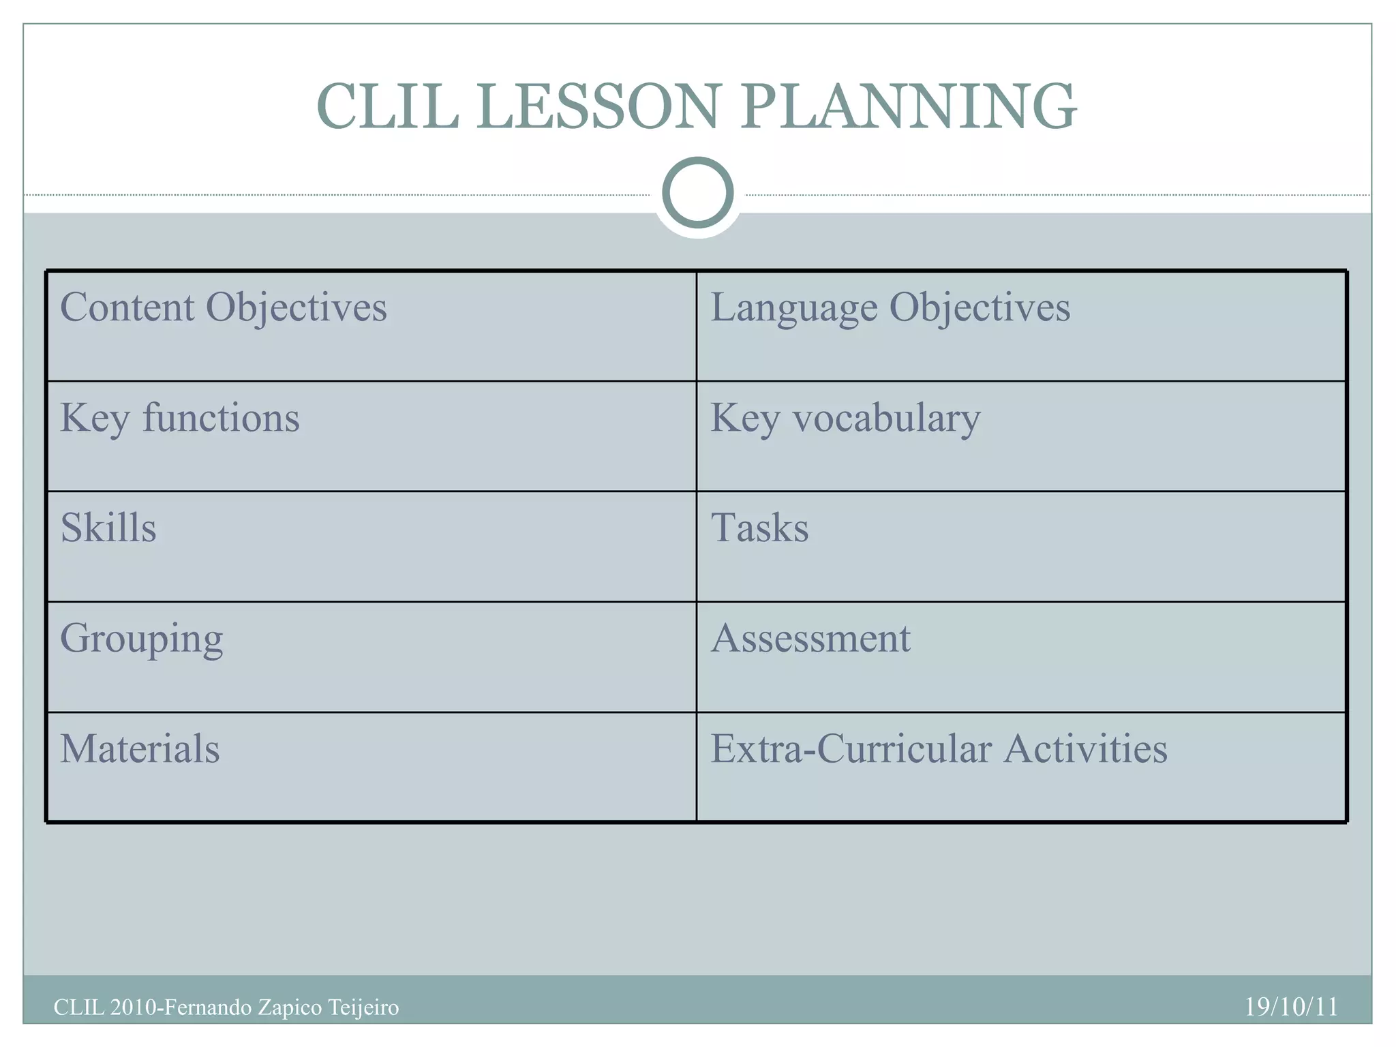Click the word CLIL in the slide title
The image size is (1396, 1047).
point(387,106)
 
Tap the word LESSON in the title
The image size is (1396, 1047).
point(598,106)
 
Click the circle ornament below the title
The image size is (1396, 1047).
point(697,192)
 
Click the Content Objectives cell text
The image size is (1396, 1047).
point(224,307)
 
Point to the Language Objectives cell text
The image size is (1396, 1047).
point(890,307)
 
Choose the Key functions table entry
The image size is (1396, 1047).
point(180,418)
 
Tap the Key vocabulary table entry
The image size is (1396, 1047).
point(845,418)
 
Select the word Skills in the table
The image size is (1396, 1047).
point(108,528)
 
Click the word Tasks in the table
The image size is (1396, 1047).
point(759,528)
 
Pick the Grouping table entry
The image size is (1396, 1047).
point(142,639)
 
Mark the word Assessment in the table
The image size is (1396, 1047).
point(810,639)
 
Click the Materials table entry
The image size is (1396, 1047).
point(140,748)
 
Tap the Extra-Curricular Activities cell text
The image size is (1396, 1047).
point(939,748)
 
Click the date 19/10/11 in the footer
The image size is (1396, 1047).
point(1291,1007)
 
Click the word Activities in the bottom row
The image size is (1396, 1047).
point(1085,748)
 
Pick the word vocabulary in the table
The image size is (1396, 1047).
point(886,418)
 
